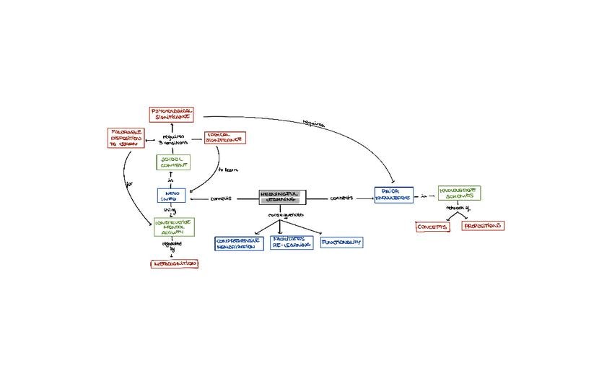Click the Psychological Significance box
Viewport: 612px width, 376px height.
(172, 114)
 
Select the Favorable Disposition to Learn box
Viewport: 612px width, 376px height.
(126, 138)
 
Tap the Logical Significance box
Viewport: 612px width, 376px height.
(224, 137)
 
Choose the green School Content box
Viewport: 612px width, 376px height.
(173, 162)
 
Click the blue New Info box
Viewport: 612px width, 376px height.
(172, 195)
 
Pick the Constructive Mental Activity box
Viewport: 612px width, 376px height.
(174, 227)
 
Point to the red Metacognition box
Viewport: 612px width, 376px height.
(173, 263)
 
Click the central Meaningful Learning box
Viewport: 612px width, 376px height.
(282, 197)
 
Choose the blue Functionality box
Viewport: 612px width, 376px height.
(341, 242)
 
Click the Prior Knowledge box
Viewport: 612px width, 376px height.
(393, 194)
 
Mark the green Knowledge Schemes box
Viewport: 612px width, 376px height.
(459, 193)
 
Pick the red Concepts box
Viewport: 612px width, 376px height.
(432, 227)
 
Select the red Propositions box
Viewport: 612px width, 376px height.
(483, 226)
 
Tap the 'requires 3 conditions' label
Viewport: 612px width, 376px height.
(173, 139)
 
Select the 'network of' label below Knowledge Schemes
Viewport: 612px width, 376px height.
(458, 209)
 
